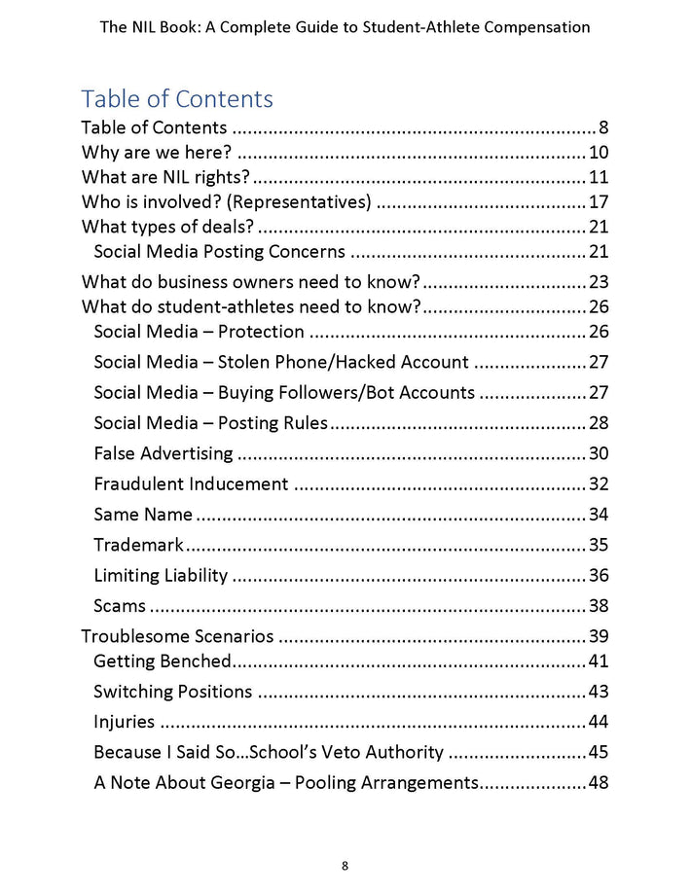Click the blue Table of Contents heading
click(x=176, y=98)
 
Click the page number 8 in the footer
click(x=345, y=866)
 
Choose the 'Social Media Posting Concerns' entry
click(x=219, y=252)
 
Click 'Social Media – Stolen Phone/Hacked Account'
click(x=280, y=362)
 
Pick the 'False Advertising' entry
click(x=164, y=453)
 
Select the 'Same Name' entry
click(x=143, y=514)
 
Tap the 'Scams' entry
click(x=120, y=605)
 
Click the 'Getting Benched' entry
click(x=162, y=662)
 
